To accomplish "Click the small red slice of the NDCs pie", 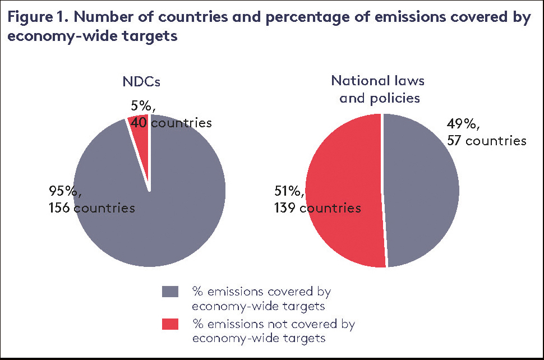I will [x=141, y=135].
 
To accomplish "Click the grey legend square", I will [x=170, y=292].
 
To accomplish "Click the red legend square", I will [x=170, y=324].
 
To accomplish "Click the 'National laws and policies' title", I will [x=377, y=89].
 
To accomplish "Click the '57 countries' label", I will [x=487, y=140].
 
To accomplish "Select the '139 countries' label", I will [x=317, y=208].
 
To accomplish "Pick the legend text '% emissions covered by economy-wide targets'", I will [x=261, y=299].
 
